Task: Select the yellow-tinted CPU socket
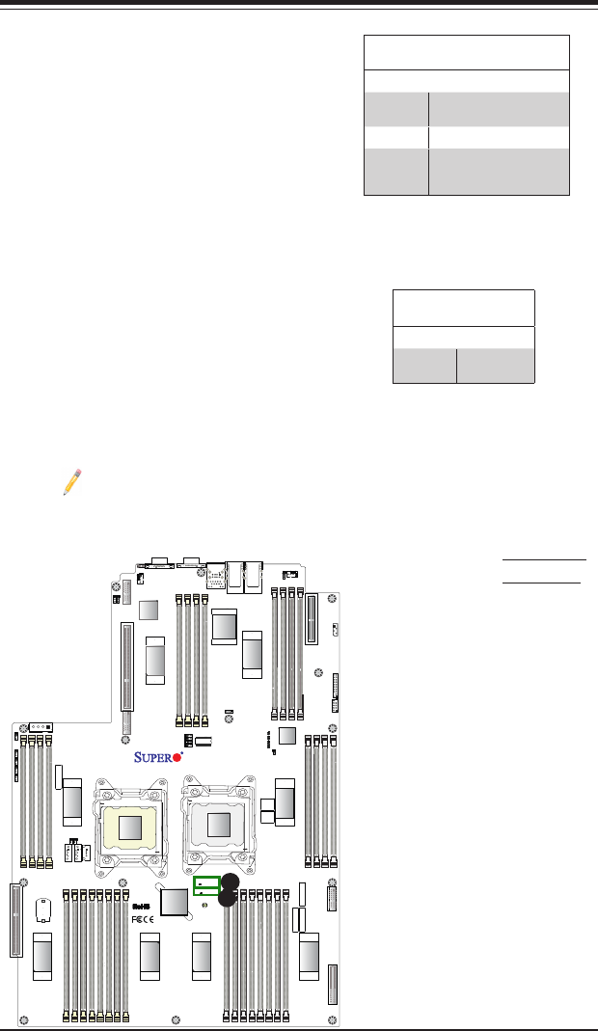point(129,824)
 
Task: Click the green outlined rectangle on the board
point(206,886)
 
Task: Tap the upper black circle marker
point(230,881)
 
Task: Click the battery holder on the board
point(41,910)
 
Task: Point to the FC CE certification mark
point(141,919)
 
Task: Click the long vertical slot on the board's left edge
point(14,920)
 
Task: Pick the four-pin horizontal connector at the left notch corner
point(41,726)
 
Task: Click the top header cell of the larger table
point(467,52)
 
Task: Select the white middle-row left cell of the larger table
point(396,136)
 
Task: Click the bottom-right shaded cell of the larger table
point(499,171)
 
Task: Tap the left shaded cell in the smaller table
point(424,366)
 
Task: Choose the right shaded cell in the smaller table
point(496,366)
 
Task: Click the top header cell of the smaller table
point(464,307)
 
